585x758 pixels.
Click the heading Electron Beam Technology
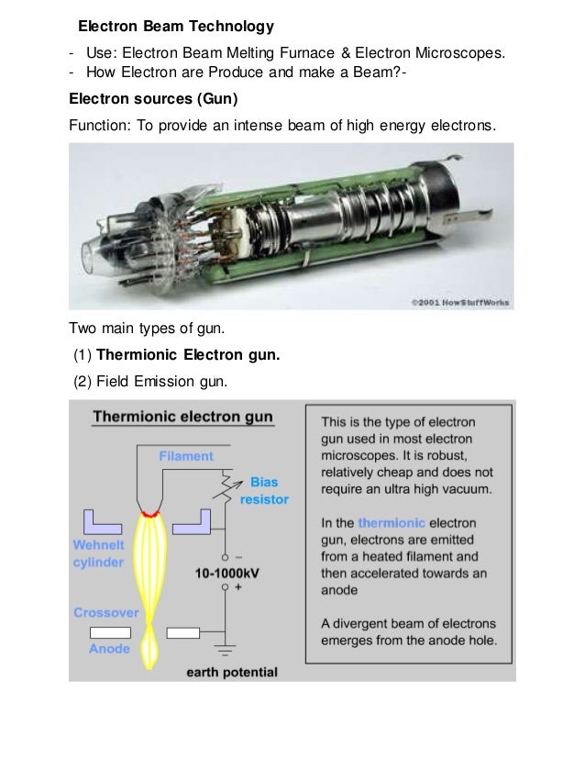point(175,25)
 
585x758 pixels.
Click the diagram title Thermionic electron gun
point(182,417)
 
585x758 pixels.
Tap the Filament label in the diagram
point(186,456)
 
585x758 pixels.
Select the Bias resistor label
point(264,491)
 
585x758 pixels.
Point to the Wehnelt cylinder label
point(99,553)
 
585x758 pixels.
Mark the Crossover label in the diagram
point(106,612)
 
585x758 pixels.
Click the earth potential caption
point(231,673)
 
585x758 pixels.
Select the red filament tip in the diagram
point(148,510)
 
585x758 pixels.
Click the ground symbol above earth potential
point(224,649)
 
